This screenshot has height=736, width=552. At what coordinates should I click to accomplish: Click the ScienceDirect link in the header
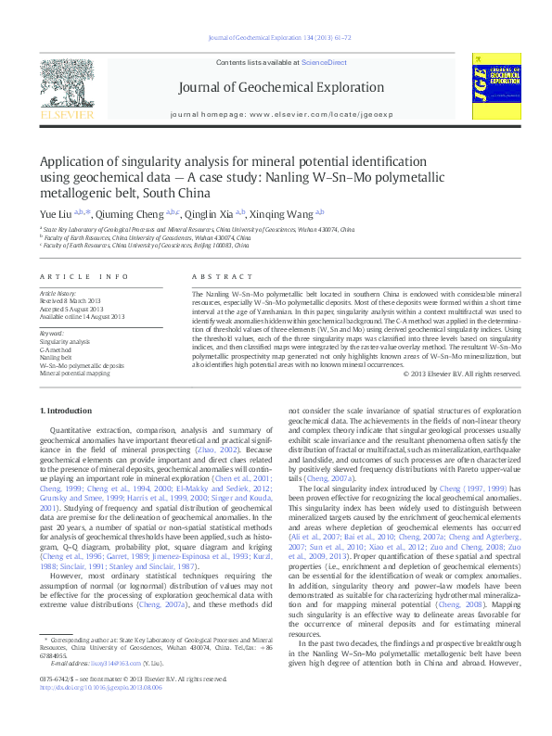point(324,62)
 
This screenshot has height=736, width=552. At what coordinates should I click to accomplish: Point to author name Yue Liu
point(54,213)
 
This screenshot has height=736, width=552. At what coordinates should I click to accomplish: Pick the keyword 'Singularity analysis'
point(65,341)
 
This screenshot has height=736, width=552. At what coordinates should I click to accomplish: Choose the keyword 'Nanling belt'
point(55,356)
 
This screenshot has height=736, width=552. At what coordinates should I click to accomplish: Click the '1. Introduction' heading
point(67,410)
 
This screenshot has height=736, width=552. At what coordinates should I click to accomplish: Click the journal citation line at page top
point(278,37)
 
